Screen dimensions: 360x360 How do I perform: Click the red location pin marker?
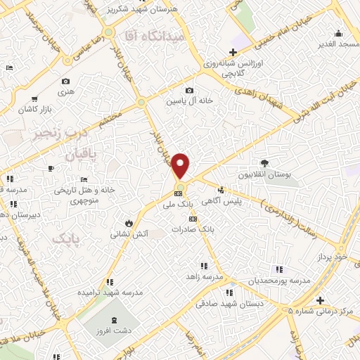pos(181,165)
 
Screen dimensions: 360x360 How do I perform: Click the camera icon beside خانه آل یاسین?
pos(189,91)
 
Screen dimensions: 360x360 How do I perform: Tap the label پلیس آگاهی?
pos(222,200)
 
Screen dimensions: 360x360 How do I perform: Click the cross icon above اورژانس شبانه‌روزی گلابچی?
pos(233,52)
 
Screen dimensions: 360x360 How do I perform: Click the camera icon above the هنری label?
pos(66,82)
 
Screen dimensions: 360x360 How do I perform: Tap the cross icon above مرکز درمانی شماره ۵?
pos(321,300)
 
